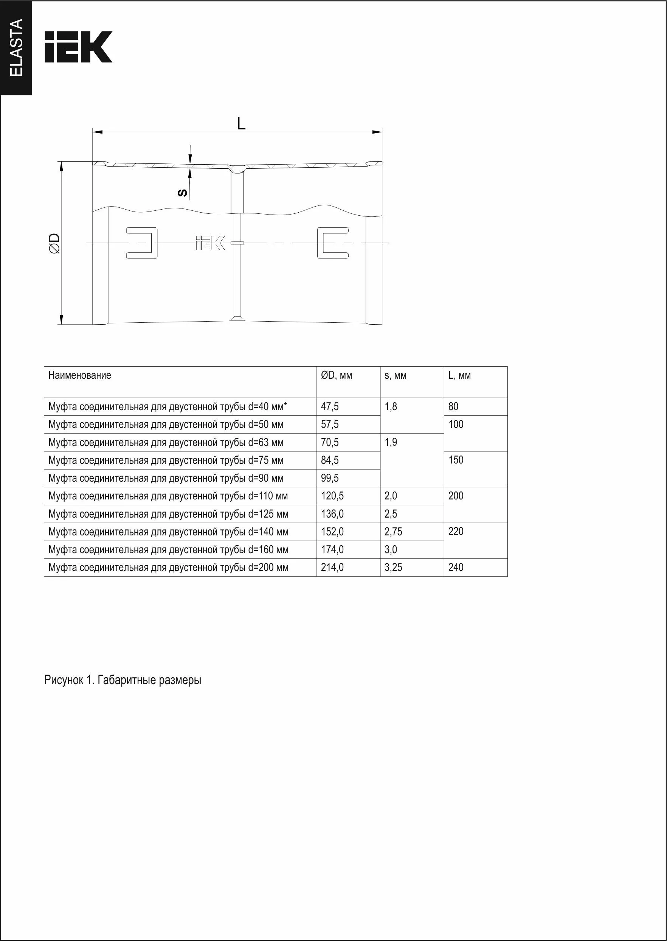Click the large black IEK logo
(78, 47)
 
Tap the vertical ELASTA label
(16, 48)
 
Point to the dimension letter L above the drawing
(241, 123)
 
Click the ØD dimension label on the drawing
(54, 243)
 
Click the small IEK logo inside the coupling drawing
(210, 243)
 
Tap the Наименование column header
(80, 375)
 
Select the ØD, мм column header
(337, 375)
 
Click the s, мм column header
(396, 375)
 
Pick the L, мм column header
(459, 375)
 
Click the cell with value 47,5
(330, 406)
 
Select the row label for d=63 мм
(166, 443)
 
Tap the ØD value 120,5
(332, 496)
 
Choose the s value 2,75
(393, 532)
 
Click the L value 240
(456, 568)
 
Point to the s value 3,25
(393, 568)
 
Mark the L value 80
(453, 406)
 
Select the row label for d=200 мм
(168, 568)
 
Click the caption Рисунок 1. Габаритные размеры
(123, 680)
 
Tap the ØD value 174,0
(332, 550)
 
